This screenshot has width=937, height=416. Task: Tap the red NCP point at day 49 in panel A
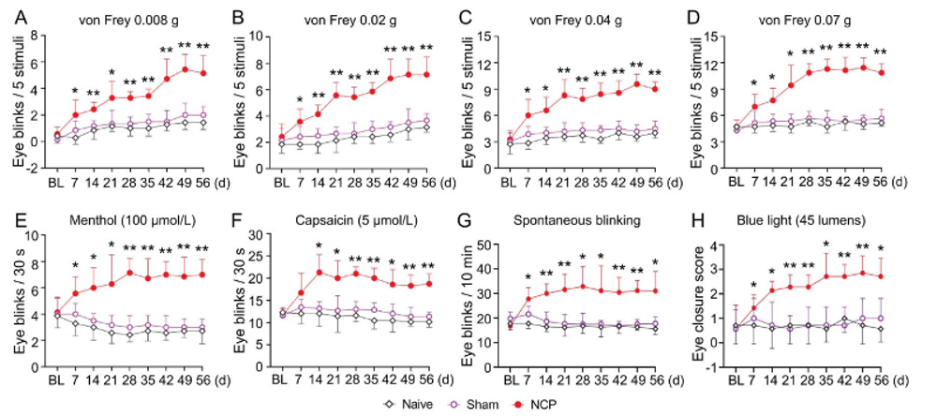[185, 69]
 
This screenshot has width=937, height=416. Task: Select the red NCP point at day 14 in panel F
[319, 272]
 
